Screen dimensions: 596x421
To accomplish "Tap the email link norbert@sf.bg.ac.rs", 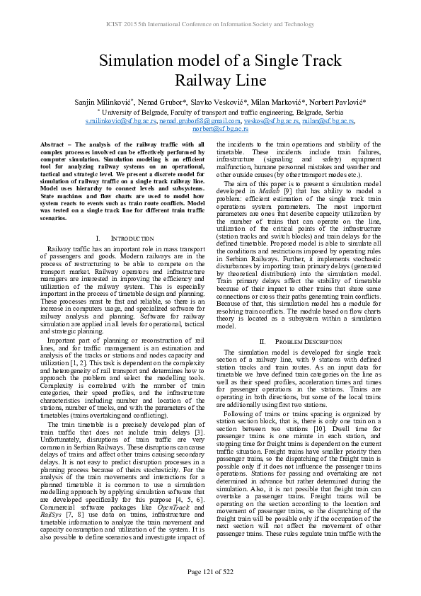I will tap(210, 129).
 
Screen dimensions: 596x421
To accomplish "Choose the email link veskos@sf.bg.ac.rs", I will tap(267, 121).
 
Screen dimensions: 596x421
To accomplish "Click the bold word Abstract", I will tap(54, 144).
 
